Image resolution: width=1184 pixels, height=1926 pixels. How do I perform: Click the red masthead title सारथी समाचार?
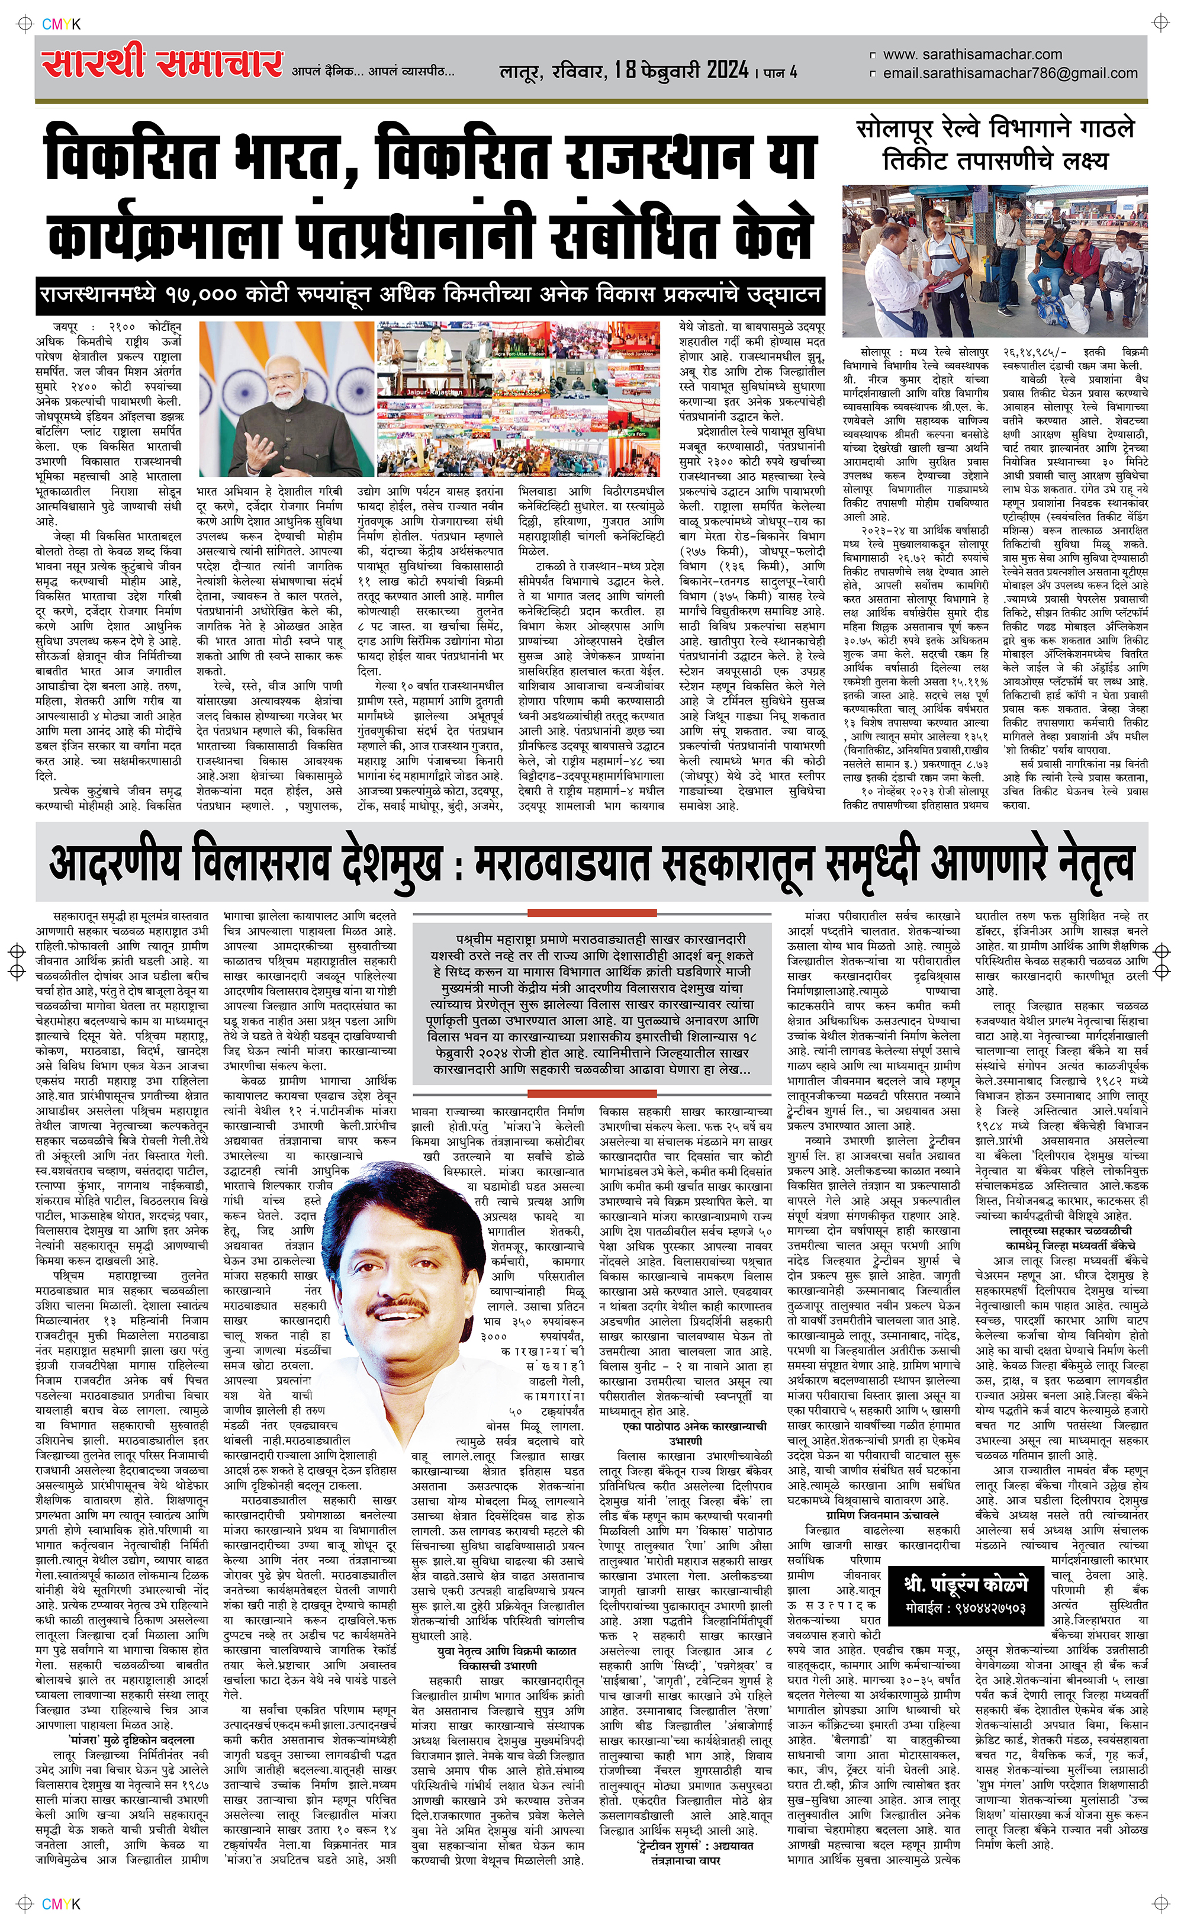[x=162, y=63]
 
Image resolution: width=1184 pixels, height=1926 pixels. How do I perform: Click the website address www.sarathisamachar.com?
[x=972, y=54]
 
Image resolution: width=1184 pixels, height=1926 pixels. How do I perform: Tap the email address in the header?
[x=1009, y=73]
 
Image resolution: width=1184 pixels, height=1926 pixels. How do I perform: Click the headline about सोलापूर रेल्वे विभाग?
[x=995, y=143]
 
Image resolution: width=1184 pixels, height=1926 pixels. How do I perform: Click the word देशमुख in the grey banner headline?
[x=391, y=864]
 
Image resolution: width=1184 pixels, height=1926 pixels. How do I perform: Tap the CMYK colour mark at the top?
[x=60, y=24]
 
